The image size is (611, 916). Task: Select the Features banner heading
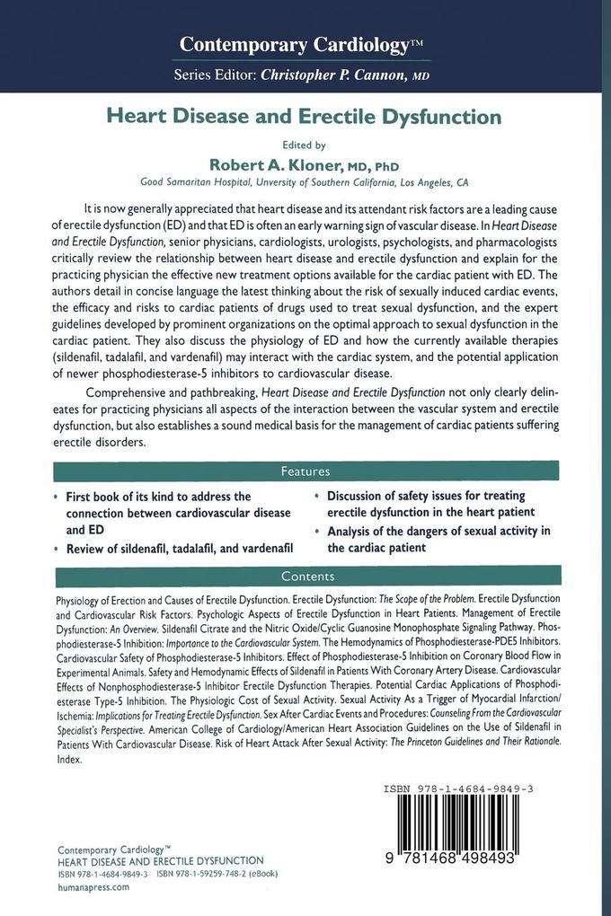click(x=305, y=471)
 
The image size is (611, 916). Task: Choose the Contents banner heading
click(x=305, y=577)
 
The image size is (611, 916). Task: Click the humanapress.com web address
click(x=93, y=886)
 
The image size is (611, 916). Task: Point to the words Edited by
click(x=305, y=144)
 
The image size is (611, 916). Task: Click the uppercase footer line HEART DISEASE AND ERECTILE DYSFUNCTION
click(x=161, y=860)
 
